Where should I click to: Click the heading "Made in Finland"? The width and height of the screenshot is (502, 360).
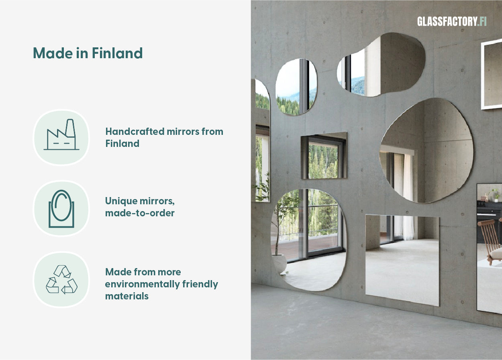tap(88, 53)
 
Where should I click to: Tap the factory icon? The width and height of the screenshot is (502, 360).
tap(61, 135)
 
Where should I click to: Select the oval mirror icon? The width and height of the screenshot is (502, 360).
tap(61, 208)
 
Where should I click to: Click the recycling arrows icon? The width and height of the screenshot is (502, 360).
tap(61, 279)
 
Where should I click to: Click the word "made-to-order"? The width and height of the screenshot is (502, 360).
tap(140, 213)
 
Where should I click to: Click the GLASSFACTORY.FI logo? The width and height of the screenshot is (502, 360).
tap(451, 22)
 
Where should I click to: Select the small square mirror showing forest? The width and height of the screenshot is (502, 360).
tap(324, 156)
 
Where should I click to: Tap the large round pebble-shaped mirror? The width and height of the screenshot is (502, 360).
tap(426, 151)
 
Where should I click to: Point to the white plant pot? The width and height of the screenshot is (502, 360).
tap(279, 263)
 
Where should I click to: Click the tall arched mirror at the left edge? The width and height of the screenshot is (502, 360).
tap(262, 140)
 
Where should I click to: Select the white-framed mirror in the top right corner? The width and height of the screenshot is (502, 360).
tap(492, 74)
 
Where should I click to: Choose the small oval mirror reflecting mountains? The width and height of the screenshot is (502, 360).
tap(296, 87)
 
